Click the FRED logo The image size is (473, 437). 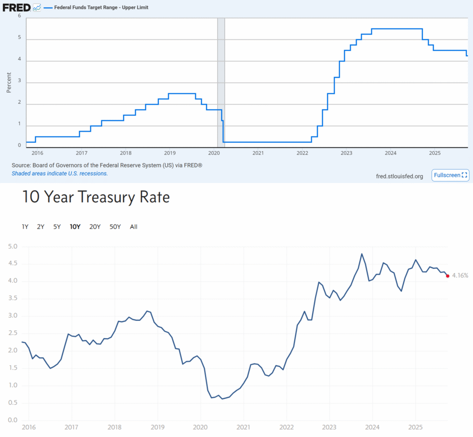(16, 7)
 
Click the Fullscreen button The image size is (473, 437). (450, 175)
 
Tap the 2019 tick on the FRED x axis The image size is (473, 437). (170, 153)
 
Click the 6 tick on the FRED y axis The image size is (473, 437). (19, 16)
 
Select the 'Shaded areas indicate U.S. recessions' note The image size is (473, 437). (60, 173)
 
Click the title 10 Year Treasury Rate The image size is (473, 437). (96, 197)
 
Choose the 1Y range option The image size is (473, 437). (25, 227)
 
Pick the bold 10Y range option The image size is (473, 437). (75, 227)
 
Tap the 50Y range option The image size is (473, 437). (115, 227)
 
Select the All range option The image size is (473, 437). (133, 227)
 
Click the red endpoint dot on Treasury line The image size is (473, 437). (448, 276)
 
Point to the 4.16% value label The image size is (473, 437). (460, 276)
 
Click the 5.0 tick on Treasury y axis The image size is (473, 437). (13, 247)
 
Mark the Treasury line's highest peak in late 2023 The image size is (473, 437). (362, 254)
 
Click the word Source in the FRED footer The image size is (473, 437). (21, 165)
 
